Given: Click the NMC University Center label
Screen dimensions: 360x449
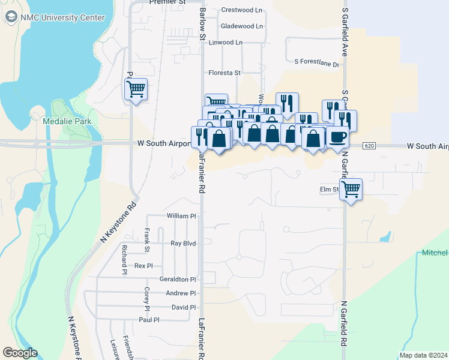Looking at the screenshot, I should [62, 17].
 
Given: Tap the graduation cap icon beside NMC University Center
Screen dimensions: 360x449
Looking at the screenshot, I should [11, 17].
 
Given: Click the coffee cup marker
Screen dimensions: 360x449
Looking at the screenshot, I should [337, 137].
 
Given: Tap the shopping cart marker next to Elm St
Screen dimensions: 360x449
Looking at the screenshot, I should [351, 190].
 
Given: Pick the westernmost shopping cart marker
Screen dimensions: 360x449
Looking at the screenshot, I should [136, 90].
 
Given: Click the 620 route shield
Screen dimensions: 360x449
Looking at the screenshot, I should [369, 146].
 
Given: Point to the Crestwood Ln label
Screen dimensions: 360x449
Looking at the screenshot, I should [242, 10].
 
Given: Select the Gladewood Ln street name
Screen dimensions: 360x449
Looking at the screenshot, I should [242, 26].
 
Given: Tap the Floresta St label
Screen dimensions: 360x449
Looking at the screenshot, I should [224, 73].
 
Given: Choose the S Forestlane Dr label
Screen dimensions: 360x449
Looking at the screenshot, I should [317, 63].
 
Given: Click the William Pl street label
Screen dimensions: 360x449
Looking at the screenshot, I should [181, 216].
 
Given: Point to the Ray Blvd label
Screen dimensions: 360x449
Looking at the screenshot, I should [184, 244].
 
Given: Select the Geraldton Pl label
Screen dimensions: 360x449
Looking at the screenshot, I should [178, 280].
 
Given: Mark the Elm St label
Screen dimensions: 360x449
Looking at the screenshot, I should [330, 190].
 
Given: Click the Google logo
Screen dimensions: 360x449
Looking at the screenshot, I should [20, 353].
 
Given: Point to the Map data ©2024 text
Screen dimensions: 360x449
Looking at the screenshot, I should [423, 355].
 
